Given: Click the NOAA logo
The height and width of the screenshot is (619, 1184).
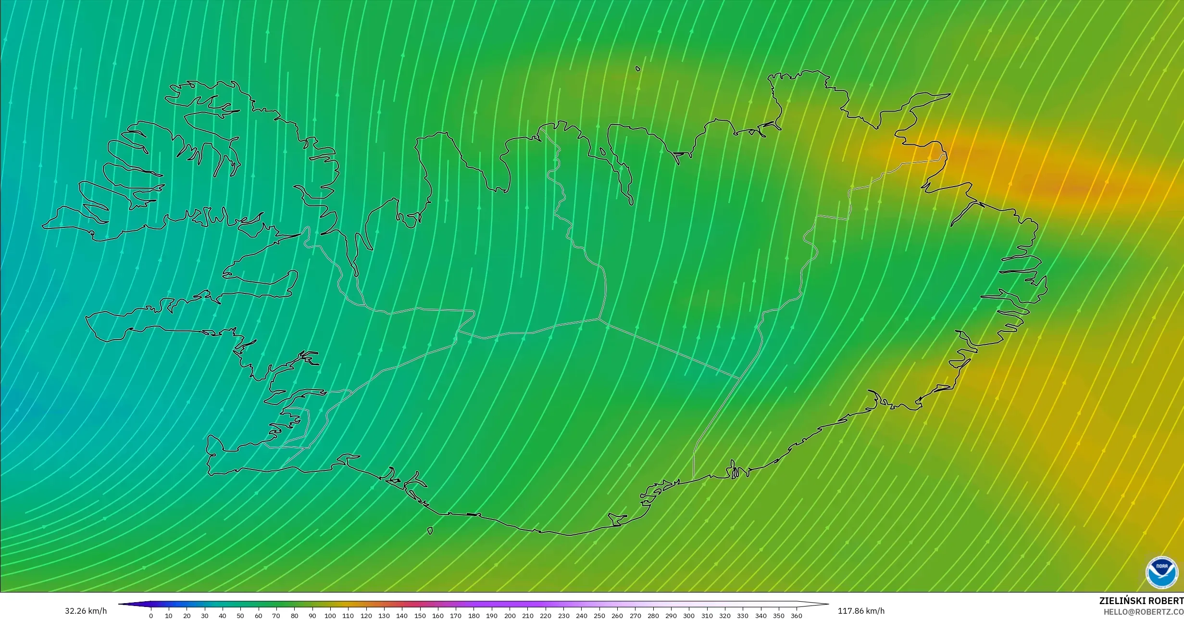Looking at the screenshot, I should (x=1162, y=572).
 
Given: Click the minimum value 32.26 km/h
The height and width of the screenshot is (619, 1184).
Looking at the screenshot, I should (x=86, y=611).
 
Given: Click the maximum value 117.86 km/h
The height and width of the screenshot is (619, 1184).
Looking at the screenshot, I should (x=861, y=611).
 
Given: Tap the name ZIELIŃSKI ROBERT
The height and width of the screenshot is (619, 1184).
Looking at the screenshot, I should (x=1141, y=601).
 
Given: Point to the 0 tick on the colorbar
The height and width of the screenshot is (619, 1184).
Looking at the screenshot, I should (x=151, y=616).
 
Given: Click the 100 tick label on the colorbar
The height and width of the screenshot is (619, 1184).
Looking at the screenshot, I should (x=330, y=616).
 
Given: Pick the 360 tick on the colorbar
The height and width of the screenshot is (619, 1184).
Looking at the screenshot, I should (x=797, y=616).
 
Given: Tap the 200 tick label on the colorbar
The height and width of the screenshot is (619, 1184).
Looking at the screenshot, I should (x=510, y=616).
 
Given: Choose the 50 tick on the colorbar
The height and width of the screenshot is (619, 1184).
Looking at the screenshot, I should (x=240, y=616).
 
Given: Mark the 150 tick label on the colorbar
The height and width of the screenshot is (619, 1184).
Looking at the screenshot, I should (x=420, y=616).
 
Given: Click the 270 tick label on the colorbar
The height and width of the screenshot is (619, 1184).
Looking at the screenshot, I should (x=635, y=616).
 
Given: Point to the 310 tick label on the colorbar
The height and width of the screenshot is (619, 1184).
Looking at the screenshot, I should (x=707, y=616).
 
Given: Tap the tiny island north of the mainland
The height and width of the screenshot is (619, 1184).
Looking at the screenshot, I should (x=638, y=69).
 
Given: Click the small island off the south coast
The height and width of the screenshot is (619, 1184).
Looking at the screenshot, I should (x=430, y=531).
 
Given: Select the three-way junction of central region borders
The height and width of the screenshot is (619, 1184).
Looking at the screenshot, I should (x=599, y=318).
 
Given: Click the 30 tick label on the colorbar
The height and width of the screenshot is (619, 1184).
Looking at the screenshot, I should (x=205, y=616).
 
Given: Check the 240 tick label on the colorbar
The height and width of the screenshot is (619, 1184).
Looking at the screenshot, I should (x=581, y=616).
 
